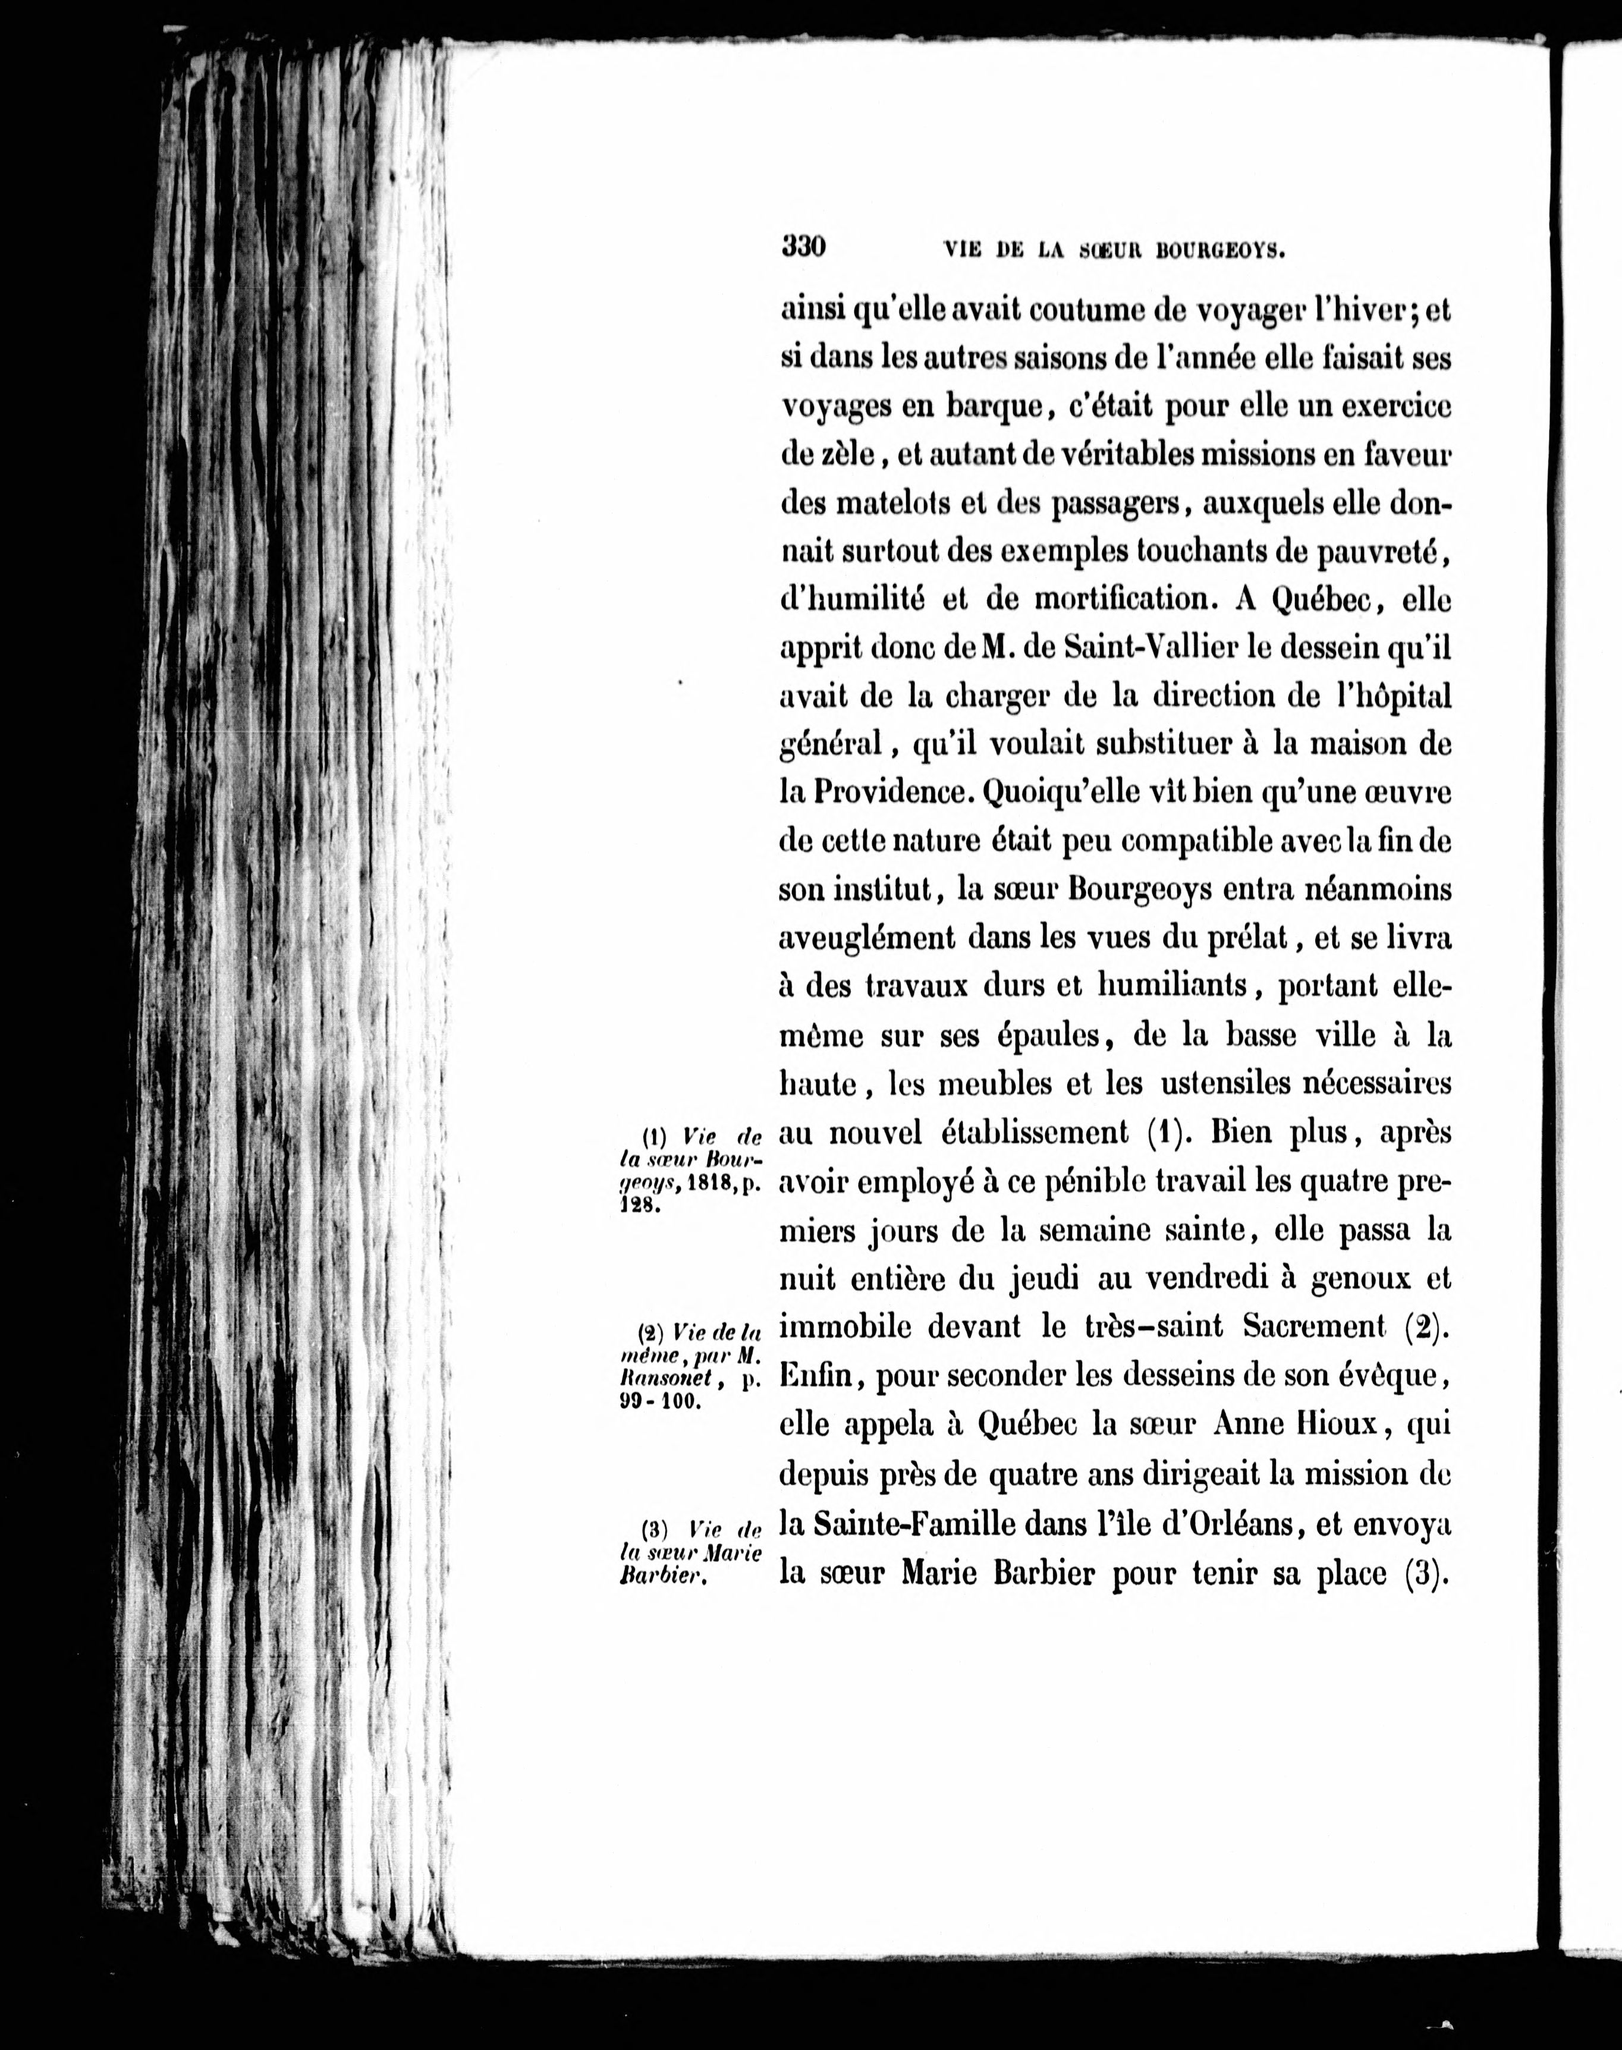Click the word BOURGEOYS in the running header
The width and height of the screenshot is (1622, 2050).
[1221, 251]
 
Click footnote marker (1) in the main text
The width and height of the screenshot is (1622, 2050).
[1162, 1133]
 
